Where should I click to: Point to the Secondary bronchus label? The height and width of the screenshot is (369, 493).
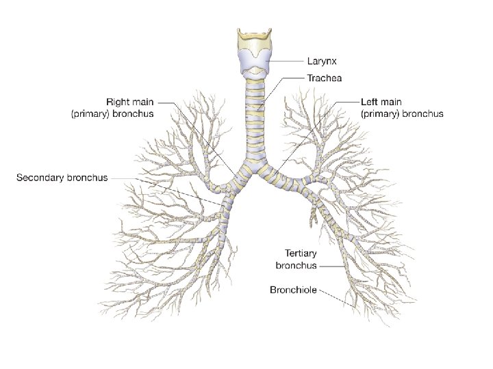click(x=62, y=178)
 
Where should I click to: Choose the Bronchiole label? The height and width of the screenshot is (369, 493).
click(x=293, y=290)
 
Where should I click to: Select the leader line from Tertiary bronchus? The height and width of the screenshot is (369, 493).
click(x=332, y=265)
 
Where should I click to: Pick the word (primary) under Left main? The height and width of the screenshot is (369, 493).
click(x=383, y=114)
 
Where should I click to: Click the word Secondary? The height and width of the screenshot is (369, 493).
click(x=40, y=178)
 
